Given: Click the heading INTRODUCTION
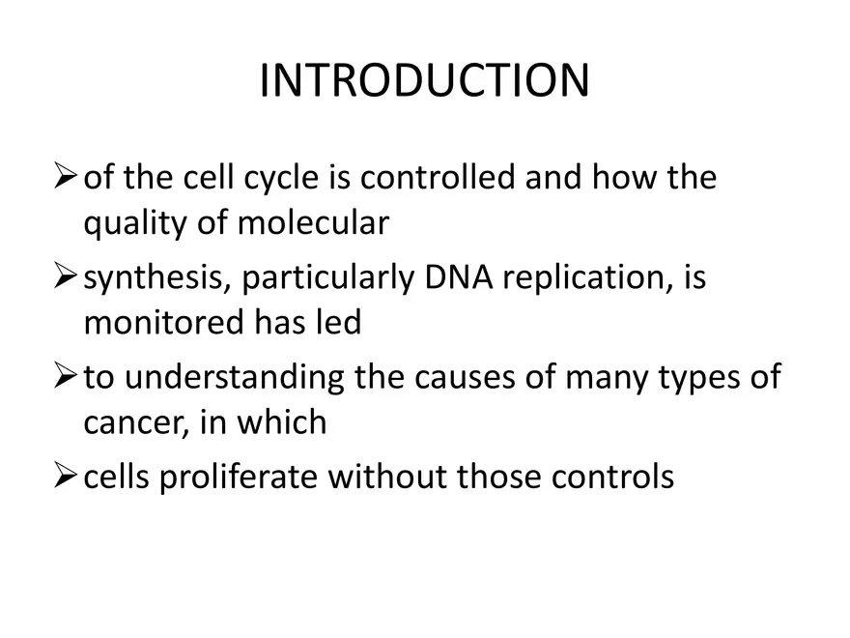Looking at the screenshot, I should [424, 81].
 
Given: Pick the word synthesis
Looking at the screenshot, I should [155, 278].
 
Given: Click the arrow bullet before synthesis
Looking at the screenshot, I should [65, 278].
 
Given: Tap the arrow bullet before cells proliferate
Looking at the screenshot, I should [65, 477].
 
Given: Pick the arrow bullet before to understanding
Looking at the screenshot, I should [65, 377].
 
